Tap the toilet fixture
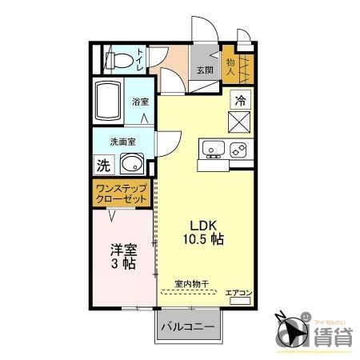tap(118, 59)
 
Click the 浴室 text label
tap(140, 102)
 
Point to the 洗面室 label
tap(123, 141)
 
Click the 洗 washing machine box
tap(103, 166)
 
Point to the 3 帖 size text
tap(122, 264)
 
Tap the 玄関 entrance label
tap(205, 70)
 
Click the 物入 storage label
tap(230, 66)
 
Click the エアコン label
tap(238, 293)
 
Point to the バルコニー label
tap(187, 326)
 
